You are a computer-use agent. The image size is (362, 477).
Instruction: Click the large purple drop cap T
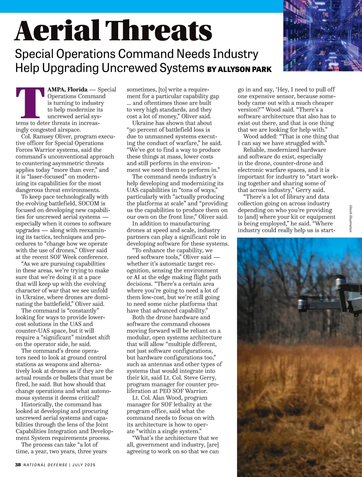pyautogui.click(x=30, y=103)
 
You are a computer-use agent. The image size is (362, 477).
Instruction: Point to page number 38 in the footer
pyautogui.click(x=18, y=465)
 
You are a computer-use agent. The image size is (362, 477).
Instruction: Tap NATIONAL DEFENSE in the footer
pyautogui.click(x=45, y=465)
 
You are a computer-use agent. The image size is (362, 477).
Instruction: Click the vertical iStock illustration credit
pyautogui.click(x=351, y=219)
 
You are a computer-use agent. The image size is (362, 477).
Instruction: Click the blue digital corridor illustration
pyautogui.click(x=322, y=36)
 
